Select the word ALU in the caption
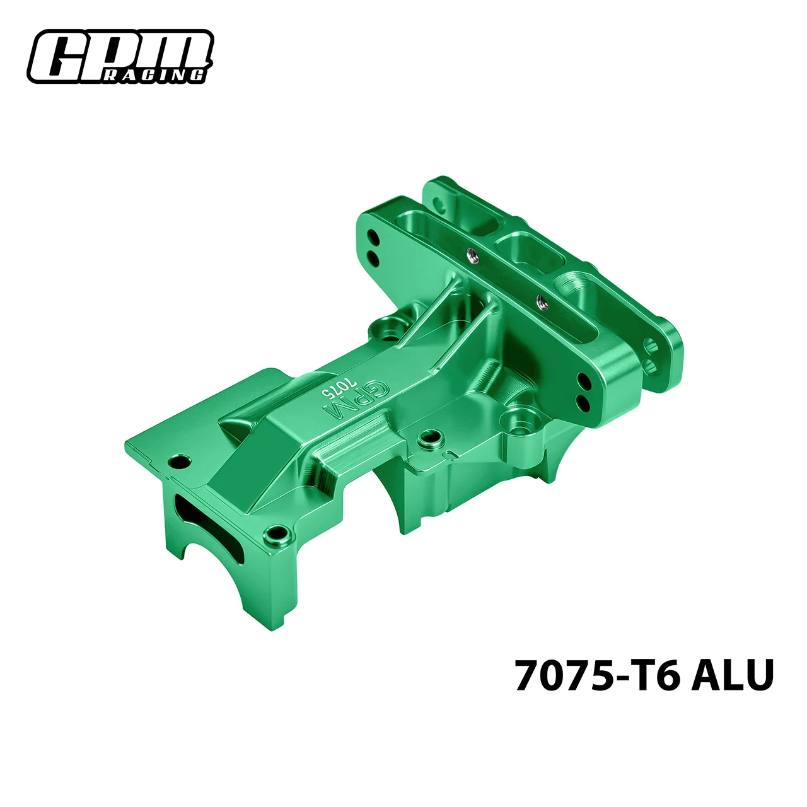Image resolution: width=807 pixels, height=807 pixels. click(x=731, y=675)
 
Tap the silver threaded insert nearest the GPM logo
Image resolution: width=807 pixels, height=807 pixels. click(x=470, y=253)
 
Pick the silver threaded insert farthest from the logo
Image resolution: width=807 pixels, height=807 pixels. click(x=541, y=301)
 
